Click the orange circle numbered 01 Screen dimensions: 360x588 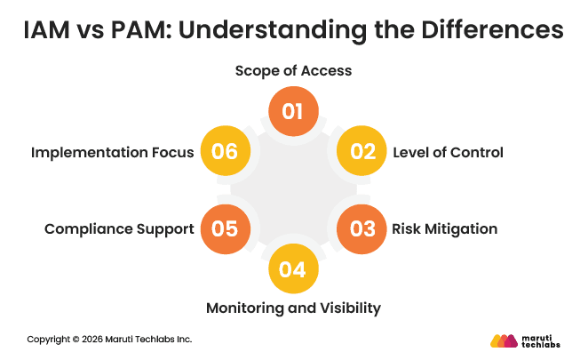tap(293, 112)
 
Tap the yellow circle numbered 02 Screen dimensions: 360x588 tap(362, 152)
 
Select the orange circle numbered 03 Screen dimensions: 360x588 tap(362, 228)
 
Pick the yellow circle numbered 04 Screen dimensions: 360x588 tap(293, 268)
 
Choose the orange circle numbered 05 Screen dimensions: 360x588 tap(225, 228)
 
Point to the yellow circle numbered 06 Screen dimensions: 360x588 tap(225, 152)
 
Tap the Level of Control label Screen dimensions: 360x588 tap(448, 152)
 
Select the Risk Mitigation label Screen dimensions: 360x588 tap(444, 228)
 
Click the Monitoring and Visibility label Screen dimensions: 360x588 tap(293, 308)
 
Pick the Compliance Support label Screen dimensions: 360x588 tap(119, 228)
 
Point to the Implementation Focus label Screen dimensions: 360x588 tap(112, 152)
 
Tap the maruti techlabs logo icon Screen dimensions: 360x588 tap(505, 340)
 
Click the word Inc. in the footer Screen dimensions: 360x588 tap(183, 340)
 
